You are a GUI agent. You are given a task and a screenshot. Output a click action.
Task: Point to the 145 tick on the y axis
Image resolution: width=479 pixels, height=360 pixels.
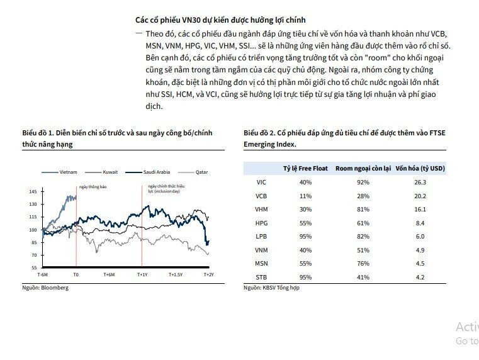[x=33, y=191]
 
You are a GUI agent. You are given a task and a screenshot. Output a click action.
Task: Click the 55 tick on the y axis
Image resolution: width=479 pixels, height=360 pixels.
[x=34, y=268]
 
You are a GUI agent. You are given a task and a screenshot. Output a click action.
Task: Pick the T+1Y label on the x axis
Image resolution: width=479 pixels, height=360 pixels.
[x=142, y=275]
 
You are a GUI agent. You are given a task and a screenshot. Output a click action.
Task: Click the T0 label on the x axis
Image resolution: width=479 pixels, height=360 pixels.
[x=76, y=275]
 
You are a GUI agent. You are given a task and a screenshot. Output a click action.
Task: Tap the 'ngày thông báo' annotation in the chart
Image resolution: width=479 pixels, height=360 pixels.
[x=92, y=187]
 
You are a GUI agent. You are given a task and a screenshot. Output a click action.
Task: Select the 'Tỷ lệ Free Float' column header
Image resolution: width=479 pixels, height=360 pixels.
[x=305, y=169]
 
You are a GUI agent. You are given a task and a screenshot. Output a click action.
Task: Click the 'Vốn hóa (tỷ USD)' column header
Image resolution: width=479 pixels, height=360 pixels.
[x=420, y=169]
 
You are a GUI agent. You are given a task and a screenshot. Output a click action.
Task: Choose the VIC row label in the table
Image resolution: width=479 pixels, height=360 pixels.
[x=261, y=182]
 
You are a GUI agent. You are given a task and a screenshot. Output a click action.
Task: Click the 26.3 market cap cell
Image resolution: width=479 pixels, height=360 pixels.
[x=420, y=182]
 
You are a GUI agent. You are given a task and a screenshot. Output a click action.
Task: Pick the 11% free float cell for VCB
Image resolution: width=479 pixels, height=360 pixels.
[x=305, y=196]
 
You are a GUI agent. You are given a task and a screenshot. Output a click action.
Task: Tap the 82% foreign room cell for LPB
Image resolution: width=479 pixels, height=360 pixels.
[x=363, y=237]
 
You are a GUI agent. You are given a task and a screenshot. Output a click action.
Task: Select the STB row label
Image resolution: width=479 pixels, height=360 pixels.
[x=261, y=277]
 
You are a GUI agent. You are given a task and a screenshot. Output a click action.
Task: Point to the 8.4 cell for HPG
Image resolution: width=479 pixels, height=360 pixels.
[x=420, y=223]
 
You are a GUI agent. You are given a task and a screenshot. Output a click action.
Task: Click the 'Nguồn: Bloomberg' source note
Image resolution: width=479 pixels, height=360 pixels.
[x=45, y=288]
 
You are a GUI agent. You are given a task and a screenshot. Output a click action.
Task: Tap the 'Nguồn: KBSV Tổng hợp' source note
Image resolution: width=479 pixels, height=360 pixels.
[x=271, y=288]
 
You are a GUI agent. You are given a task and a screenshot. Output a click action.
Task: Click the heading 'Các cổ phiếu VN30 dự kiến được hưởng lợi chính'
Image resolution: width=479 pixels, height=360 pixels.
[x=225, y=21]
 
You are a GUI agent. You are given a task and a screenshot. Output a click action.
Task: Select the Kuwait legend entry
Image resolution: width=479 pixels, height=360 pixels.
[x=111, y=172]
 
